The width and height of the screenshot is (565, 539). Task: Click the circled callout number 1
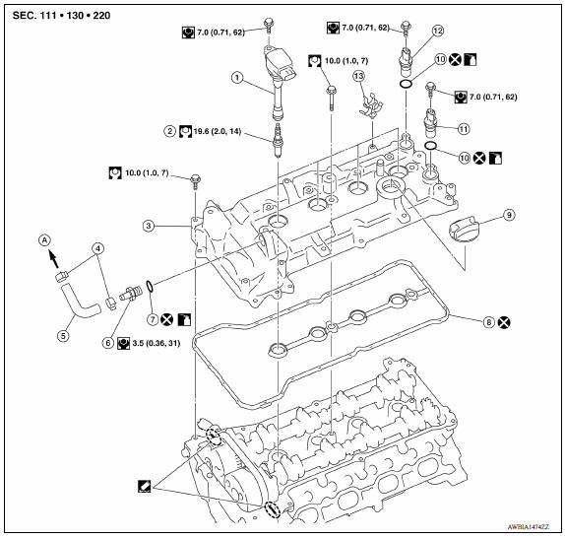pyautogui.click(x=235, y=76)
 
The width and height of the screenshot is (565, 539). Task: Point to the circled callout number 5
pyautogui.click(x=63, y=334)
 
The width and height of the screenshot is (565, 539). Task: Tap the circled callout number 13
pyautogui.click(x=359, y=76)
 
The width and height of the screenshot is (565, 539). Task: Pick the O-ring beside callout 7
pyautogui.click(x=147, y=288)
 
